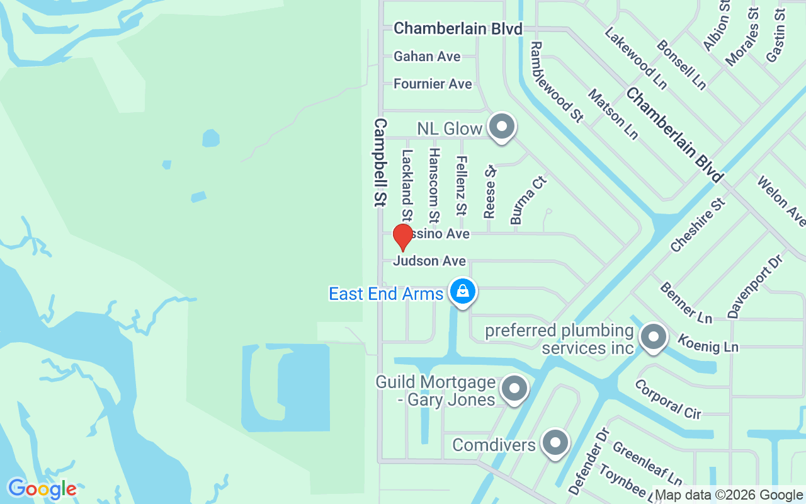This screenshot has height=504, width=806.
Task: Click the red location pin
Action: [402, 237]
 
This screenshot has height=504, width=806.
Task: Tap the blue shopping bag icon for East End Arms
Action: [463, 292]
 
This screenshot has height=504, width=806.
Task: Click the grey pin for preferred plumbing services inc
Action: [653, 337]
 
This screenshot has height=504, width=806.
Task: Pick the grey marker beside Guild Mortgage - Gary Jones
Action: [514, 389]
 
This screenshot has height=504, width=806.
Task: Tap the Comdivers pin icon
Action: [555, 443]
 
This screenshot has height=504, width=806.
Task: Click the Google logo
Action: [42, 489]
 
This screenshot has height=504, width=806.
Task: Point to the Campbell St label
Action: [380, 163]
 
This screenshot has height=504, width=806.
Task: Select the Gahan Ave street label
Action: [427, 57]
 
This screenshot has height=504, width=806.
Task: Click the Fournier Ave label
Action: [433, 84]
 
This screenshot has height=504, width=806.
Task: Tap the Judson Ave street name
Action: [429, 261]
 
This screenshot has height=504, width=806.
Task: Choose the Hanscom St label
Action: [433, 186]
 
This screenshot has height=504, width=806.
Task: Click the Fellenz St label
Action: [462, 185]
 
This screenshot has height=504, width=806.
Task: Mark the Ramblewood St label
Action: [557, 81]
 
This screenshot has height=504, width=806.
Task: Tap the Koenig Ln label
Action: [708, 343]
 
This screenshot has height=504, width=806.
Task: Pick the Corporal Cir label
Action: [667, 399]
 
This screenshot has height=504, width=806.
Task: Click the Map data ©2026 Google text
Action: [729, 495]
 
